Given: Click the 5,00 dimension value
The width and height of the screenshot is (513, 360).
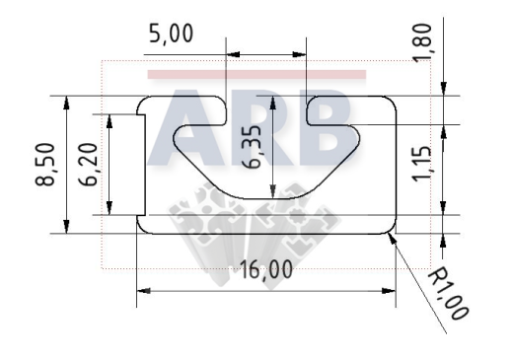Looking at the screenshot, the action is pos(171,34).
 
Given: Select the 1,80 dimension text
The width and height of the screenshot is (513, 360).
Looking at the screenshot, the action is pos(422,42).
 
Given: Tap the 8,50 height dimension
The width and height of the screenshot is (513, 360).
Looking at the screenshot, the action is pos(44,165).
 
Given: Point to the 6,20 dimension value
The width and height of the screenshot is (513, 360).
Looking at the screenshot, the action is pos(89,165).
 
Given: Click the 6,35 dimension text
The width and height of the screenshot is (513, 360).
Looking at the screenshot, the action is pos(254,147).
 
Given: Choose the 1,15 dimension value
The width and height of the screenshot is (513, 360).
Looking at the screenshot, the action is pos(422,163).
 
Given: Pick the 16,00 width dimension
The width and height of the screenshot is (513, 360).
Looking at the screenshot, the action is pos(266,269).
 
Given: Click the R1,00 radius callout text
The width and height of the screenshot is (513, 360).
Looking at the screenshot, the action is pos(448,293).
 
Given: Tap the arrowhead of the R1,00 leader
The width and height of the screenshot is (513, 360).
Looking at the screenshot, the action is pos(393,239).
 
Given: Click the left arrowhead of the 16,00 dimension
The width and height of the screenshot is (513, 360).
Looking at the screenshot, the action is pos(144,291).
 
